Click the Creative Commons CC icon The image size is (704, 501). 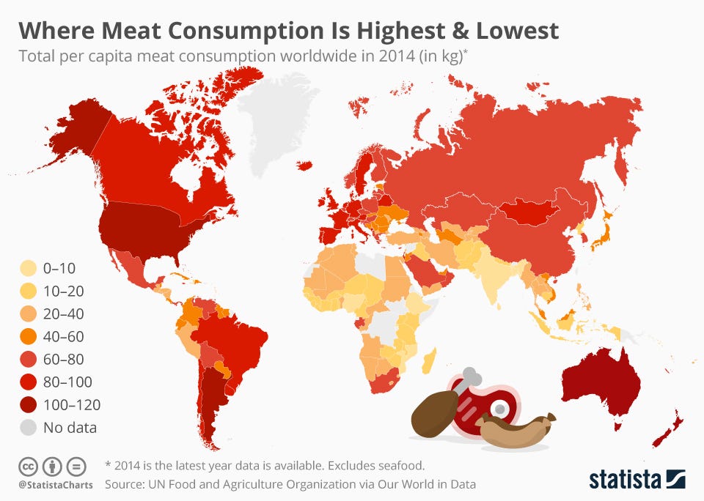click(x=28, y=466)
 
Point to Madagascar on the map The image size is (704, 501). click(x=431, y=361)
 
